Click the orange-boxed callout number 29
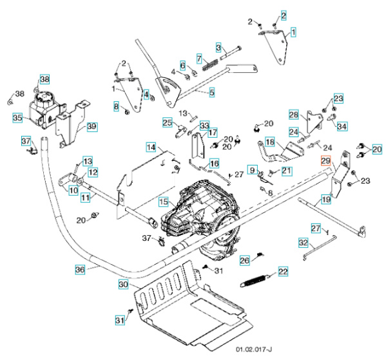pyautogui.click(x=325, y=161)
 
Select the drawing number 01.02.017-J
pyautogui.click(x=254, y=350)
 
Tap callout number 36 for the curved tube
pyautogui.click(x=80, y=269)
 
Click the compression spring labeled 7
pyautogui.click(x=211, y=64)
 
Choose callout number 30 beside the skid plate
pyautogui.click(x=123, y=284)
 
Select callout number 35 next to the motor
pyautogui.click(x=17, y=118)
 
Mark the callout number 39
pyautogui.click(x=92, y=126)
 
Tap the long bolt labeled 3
pyautogui.click(x=231, y=52)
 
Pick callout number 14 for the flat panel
pyautogui.click(x=151, y=147)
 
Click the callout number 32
pyautogui.click(x=304, y=243)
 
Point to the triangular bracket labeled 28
pyautogui.click(x=314, y=122)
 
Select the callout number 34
pyautogui.click(x=342, y=126)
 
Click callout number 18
pyautogui.click(x=270, y=142)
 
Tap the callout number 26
pyautogui.click(x=245, y=260)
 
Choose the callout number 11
pyautogui.click(x=86, y=198)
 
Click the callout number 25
pyautogui.click(x=168, y=122)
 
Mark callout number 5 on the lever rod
pyautogui.click(x=212, y=93)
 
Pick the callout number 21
pyautogui.click(x=286, y=171)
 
